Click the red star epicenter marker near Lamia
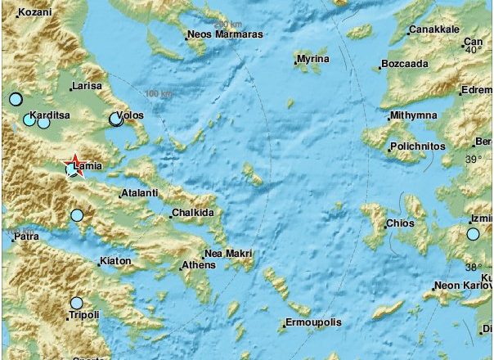pyautogui.click(x=74, y=161)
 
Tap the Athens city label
pyautogui.click(x=198, y=265)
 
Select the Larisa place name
pyautogui.click(x=86, y=85)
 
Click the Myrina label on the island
pyautogui.click(x=313, y=60)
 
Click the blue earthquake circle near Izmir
pyautogui.click(x=473, y=235)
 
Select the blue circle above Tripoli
pyautogui.click(x=77, y=303)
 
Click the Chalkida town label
pyautogui.click(x=192, y=214)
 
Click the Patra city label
pyautogui.click(x=26, y=237)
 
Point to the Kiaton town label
pyautogui.click(x=115, y=262)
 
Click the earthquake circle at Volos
pyautogui.click(x=116, y=120)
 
